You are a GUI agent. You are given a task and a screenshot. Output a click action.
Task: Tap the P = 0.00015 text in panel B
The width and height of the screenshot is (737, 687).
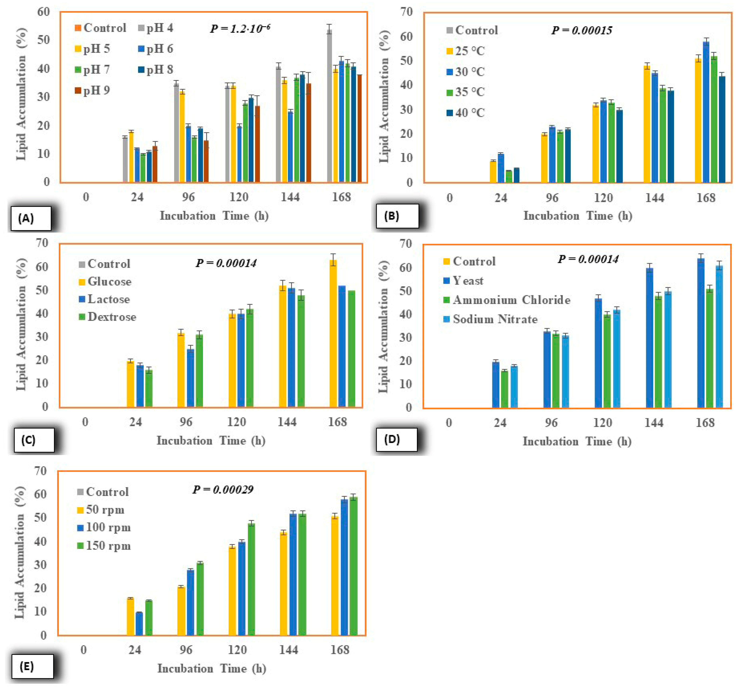click(581, 30)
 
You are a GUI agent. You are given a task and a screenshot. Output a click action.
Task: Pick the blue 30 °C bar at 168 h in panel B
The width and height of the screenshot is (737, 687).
click(706, 111)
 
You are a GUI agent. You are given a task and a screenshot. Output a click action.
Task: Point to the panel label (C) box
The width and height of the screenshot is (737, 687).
click(34, 440)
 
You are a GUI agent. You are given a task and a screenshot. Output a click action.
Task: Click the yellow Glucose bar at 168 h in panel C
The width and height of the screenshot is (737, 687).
click(333, 334)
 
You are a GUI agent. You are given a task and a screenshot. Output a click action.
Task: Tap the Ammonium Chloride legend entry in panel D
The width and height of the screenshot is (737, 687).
click(507, 300)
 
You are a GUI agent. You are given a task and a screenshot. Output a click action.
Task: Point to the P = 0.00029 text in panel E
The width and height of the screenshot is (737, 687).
click(223, 490)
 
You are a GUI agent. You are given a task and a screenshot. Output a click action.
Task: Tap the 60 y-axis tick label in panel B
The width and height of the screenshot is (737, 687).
click(407, 36)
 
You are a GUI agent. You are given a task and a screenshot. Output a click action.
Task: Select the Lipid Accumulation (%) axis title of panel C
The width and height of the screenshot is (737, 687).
click(21, 325)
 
